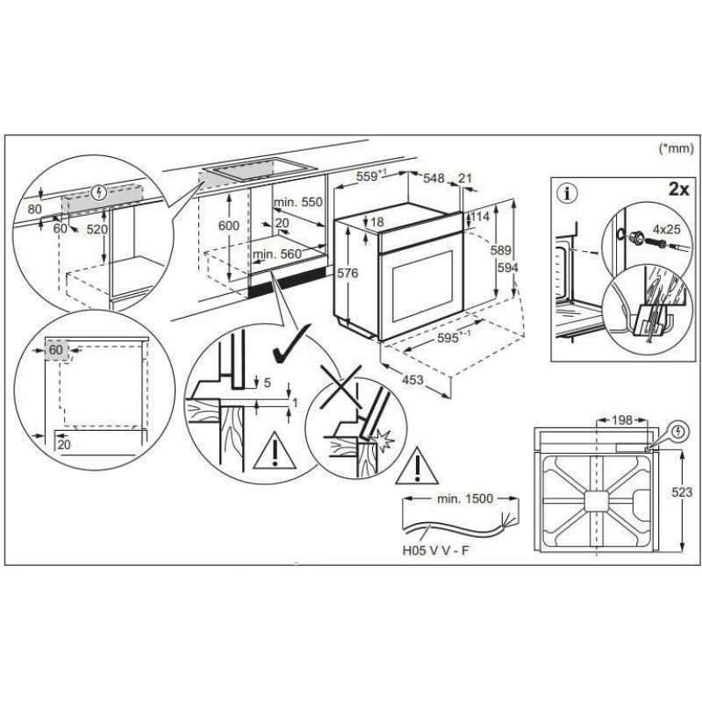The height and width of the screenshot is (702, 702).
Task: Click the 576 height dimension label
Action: pyautogui.click(x=347, y=273)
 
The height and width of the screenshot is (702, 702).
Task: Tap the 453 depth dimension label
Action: pyautogui.click(x=412, y=380)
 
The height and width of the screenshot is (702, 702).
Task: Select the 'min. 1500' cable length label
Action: pyautogui.click(x=464, y=498)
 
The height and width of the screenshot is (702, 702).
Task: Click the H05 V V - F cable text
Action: pyautogui.click(x=435, y=550)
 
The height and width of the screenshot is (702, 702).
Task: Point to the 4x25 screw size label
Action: pyautogui.click(x=666, y=229)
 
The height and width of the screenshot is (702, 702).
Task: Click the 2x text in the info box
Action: pyautogui.click(x=678, y=190)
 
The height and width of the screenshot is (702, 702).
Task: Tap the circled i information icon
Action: pyautogui.click(x=569, y=194)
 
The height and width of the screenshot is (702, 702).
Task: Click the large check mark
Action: pyautogui.click(x=291, y=344)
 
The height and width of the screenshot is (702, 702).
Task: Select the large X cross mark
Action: pyautogui.click(x=341, y=387)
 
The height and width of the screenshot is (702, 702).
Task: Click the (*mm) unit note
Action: pyautogui.click(x=676, y=148)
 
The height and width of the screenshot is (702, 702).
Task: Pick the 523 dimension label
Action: pyautogui.click(x=682, y=492)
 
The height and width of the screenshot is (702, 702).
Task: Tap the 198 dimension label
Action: pyautogui.click(x=622, y=420)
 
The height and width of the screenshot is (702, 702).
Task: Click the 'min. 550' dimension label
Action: pyautogui.click(x=297, y=203)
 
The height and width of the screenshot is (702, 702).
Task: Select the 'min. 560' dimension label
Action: pyautogui.click(x=277, y=254)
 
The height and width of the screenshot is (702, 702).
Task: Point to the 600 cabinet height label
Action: pyautogui.click(x=229, y=226)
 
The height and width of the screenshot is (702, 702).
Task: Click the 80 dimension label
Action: pyautogui.click(x=34, y=209)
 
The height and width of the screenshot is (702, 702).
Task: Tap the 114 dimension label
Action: pyautogui.click(x=480, y=217)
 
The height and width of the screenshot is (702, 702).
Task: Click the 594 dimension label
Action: pyautogui.click(x=508, y=268)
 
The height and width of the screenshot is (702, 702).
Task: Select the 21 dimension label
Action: pyautogui.click(x=465, y=178)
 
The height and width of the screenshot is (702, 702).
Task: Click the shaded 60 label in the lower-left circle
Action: pyautogui.click(x=56, y=349)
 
